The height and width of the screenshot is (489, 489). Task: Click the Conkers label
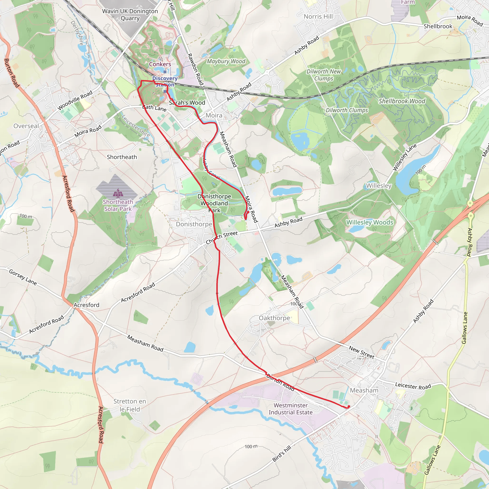[160, 64]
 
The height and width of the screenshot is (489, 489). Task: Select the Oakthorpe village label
[274, 318]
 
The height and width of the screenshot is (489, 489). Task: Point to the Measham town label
[364, 390]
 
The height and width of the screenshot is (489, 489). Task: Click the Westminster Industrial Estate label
[291, 409]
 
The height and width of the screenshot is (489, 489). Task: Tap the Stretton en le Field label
[130, 405]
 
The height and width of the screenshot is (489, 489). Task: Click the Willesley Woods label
[370, 222]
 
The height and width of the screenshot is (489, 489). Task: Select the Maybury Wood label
[226, 61]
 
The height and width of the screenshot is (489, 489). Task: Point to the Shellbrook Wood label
[402, 101]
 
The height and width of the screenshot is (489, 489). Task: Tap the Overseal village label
[26, 126]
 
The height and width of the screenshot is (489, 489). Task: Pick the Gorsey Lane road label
[23, 277]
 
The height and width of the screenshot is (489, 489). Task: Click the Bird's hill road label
[282, 454]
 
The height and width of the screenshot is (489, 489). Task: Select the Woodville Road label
[75, 101]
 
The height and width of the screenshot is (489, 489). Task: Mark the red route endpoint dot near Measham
[349, 406]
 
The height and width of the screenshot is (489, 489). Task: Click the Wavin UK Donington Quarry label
[130, 15]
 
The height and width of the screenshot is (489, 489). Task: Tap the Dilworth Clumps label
[347, 110]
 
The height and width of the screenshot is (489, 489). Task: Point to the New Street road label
[361, 352]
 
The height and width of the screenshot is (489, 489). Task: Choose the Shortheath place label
[122, 157]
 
